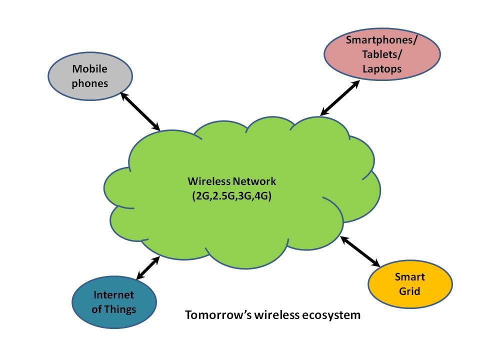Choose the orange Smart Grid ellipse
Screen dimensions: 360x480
pyautogui.click(x=410, y=284)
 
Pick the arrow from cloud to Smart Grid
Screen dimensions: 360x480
pyautogui.click(x=360, y=250)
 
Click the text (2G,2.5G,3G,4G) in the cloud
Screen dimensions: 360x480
pyautogui.click(x=231, y=196)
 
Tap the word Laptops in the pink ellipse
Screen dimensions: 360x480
pyautogui.click(x=382, y=69)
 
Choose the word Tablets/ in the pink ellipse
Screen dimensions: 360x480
pyautogui.click(x=382, y=54)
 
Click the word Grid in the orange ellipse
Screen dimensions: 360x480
pyautogui.click(x=410, y=290)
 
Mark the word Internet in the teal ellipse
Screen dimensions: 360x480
pyautogui.click(x=114, y=295)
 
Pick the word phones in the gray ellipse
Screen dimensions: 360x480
pyautogui.click(x=90, y=83)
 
